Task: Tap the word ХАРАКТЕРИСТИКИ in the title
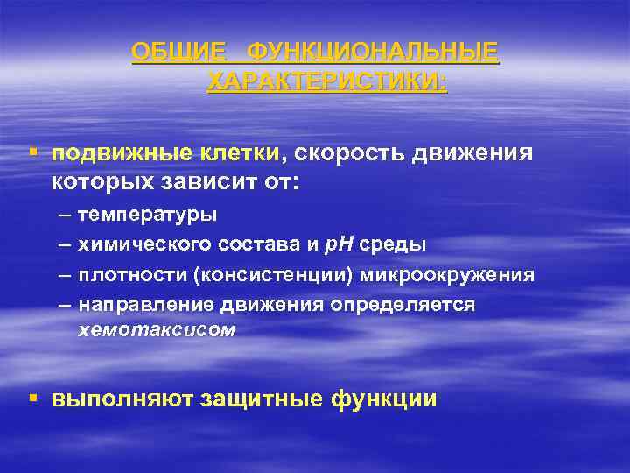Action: click(x=326, y=82)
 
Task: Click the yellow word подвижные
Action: click(x=109, y=154)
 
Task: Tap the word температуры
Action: click(x=149, y=215)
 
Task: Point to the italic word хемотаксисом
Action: click(x=157, y=331)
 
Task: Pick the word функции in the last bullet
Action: click(x=383, y=399)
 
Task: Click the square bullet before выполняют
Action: click(x=32, y=398)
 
